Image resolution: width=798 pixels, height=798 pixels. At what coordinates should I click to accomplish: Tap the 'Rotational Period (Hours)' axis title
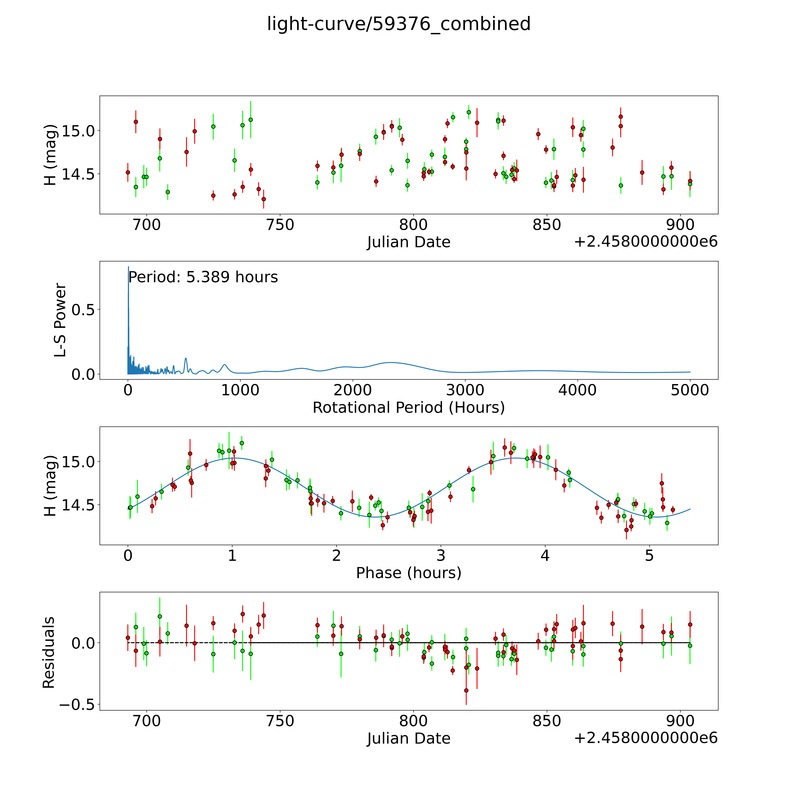point(408,408)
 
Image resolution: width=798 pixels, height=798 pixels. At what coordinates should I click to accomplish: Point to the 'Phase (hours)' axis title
point(408,573)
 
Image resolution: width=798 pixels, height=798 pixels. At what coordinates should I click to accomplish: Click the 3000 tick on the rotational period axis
point(465,390)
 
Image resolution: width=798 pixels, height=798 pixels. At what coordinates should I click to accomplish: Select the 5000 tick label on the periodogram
point(690,390)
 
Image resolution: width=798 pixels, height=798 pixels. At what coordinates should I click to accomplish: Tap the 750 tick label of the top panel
point(280,225)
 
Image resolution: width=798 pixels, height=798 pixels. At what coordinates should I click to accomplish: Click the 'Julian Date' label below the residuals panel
point(408,738)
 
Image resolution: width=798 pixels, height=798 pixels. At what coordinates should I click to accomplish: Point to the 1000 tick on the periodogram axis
point(240,390)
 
